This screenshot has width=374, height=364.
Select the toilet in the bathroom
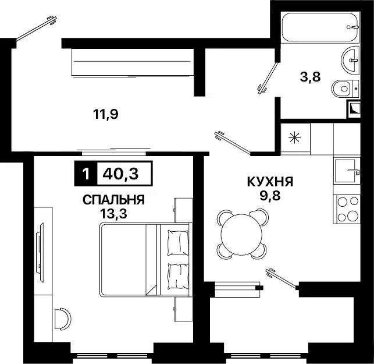344,89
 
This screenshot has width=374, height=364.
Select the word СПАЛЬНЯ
113,200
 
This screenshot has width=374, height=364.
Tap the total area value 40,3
123,173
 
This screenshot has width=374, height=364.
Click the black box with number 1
86,173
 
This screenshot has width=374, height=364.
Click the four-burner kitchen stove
348,209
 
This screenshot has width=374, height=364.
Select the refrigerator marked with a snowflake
295,138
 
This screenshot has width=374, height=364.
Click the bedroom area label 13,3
114,214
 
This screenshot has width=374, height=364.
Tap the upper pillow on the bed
178,242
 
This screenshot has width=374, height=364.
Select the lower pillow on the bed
178,274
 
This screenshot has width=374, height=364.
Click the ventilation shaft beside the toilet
354,108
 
